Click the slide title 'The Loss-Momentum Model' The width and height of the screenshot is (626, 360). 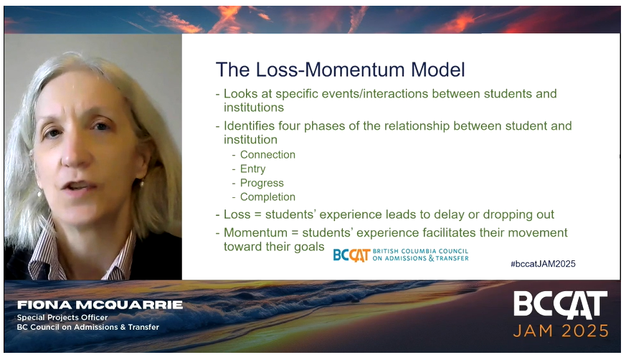click(340, 70)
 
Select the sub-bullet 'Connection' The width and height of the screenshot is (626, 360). click(267, 155)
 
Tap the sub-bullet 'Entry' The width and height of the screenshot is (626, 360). click(252, 169)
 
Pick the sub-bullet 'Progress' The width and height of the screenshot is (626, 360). click(262, 183)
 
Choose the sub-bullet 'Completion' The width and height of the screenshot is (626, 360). click(267, 197)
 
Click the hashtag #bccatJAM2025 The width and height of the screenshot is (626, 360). click(543, 264)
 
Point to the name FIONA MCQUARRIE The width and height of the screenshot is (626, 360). click(100, 305)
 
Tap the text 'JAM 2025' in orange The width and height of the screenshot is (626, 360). click(561, 331)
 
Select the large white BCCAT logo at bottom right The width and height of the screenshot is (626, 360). click(561, 305)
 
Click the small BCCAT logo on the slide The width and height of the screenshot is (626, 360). click(351, 255)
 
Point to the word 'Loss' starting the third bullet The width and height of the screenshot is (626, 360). click(237, 214)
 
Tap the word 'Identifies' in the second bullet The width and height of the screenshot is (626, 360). click(250, 126)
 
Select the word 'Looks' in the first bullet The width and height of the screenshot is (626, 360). click(240, 94)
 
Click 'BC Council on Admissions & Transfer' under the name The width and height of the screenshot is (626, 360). click(88, 328)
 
